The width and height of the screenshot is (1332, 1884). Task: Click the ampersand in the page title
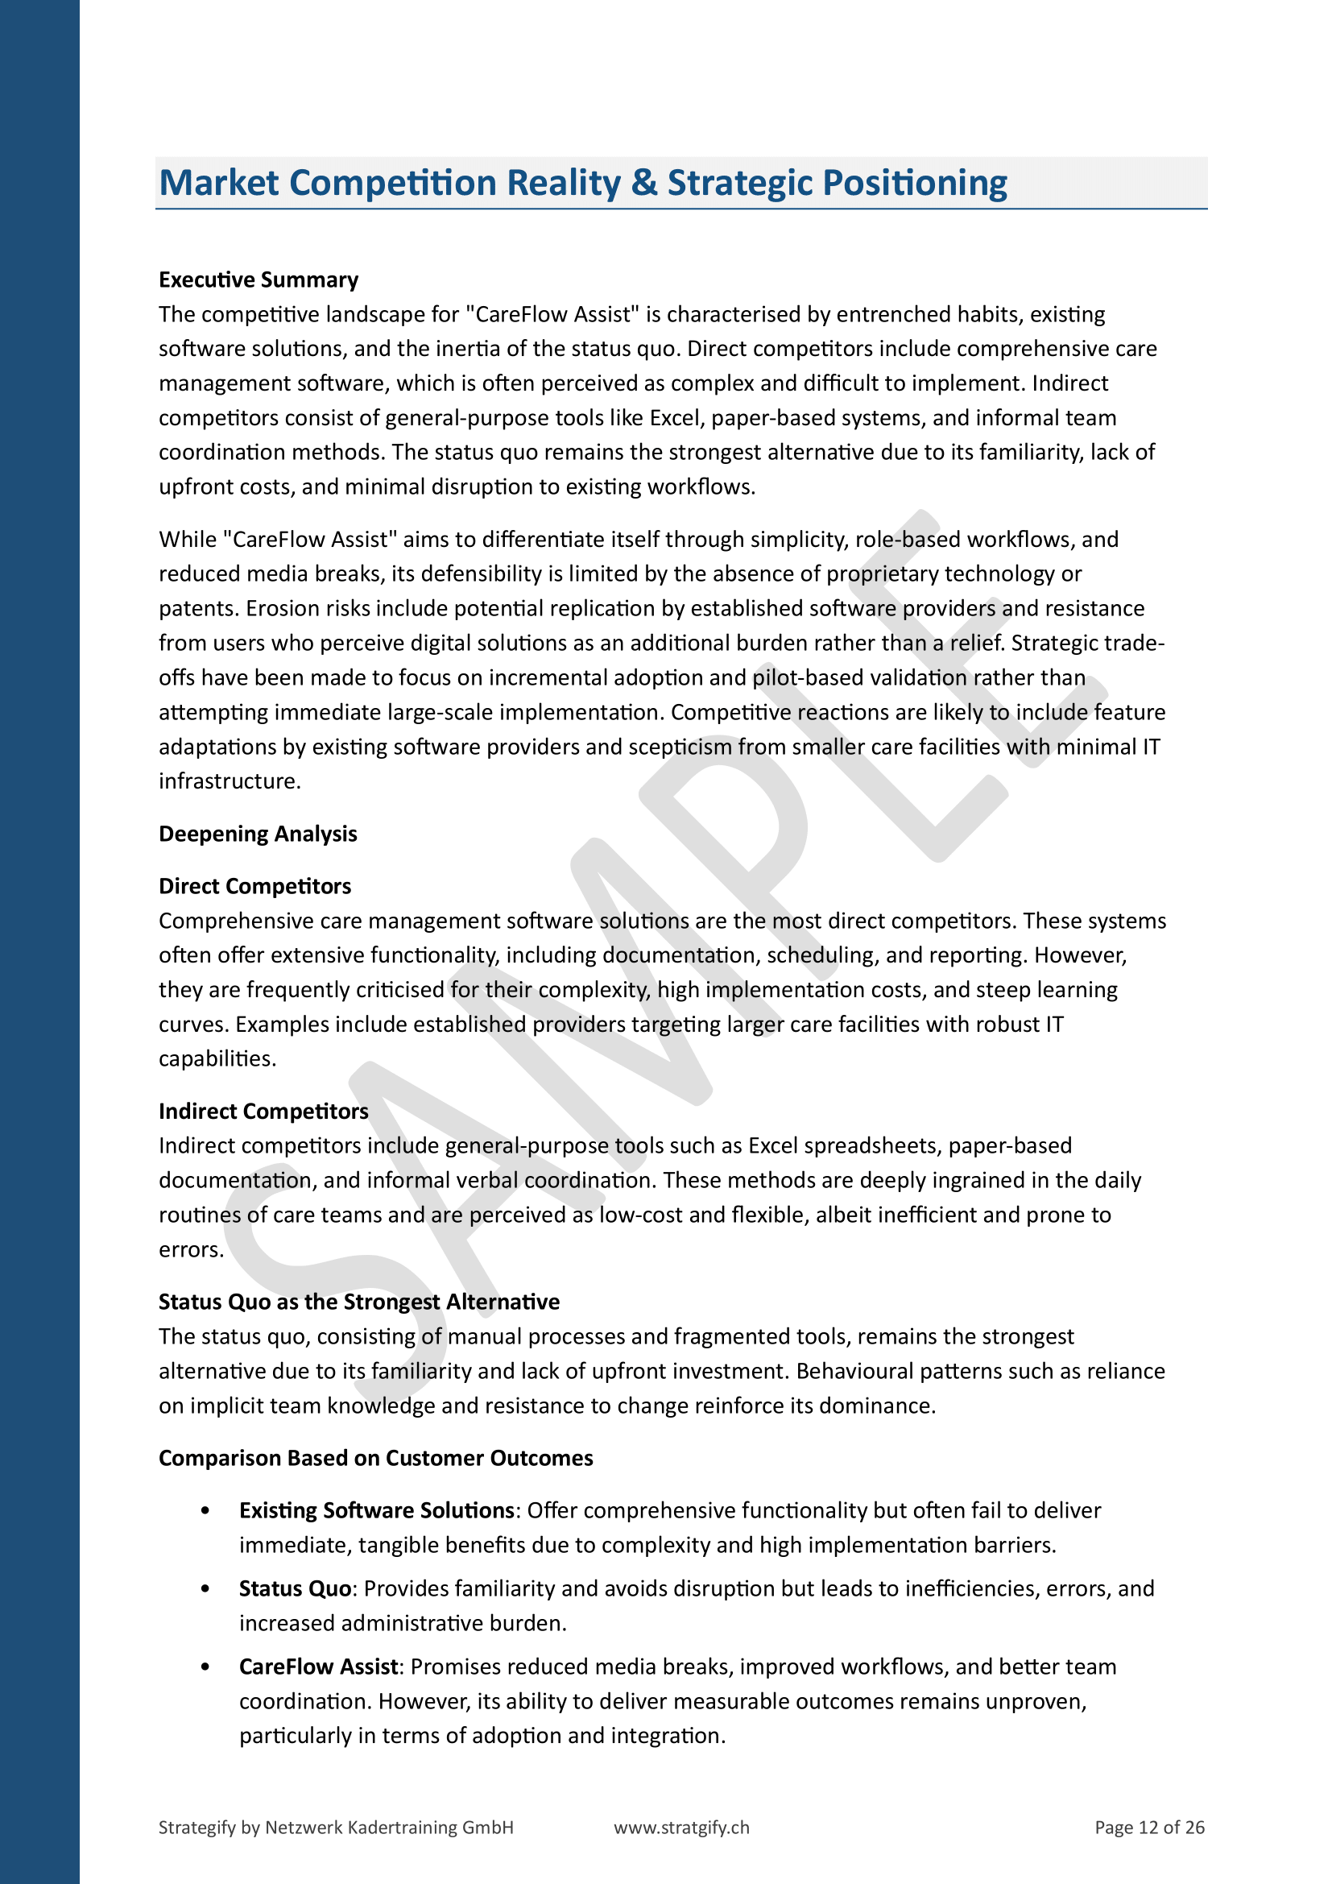[x=645, y=183]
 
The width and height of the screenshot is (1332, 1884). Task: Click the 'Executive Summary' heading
[x=259, y=279]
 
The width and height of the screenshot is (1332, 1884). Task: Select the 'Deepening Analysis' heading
[x=258, y=834]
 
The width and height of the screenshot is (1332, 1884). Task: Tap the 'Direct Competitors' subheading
[x=254, y=886]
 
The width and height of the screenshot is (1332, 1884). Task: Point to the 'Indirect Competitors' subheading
[x=263, y=1111]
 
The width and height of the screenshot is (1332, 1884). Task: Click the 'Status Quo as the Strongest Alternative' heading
[x=358, y=1302]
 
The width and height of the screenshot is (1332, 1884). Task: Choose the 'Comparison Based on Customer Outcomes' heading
[x=375, y=1458]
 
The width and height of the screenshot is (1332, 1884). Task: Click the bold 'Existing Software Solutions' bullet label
[x=376, y=1510]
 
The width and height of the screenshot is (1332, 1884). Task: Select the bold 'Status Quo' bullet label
[x=296, y=1588]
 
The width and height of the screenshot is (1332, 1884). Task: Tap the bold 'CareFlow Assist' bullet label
[x=318, y=1667]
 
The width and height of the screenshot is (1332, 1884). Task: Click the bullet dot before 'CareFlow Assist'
[x=205, y=1667]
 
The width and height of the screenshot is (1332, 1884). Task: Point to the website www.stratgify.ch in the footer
[x=681, y=1828]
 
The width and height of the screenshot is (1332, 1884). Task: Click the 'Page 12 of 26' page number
[x=1149, y=1828]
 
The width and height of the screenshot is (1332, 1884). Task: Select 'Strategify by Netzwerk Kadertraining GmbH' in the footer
[x=336, y=1828]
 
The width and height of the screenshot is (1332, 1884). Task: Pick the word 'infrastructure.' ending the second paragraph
[x=230, y=781]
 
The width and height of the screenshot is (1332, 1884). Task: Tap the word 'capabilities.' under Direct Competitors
[x=217, y=1058]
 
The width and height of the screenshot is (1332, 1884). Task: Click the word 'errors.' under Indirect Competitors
[x=191, y=1250]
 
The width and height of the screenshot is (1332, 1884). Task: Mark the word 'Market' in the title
[x=219, y=183]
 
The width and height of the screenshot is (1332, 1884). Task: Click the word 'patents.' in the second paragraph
[x=196, y=608]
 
